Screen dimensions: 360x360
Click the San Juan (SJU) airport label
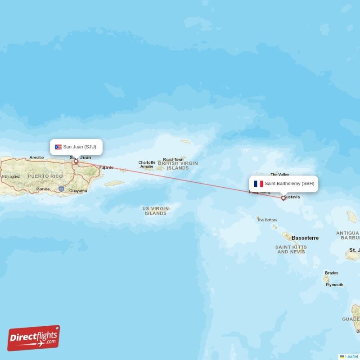80,147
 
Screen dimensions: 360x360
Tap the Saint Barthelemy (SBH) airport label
289,184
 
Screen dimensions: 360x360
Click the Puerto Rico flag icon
58,147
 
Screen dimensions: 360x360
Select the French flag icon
258,184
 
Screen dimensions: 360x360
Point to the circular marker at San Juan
76,161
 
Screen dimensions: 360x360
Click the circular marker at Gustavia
283,198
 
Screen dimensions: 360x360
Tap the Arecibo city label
37,157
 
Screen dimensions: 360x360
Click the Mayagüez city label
11,176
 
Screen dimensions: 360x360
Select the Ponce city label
43,189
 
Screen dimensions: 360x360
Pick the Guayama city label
78,191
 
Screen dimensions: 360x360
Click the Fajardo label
107,167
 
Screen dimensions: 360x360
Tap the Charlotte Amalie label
147,164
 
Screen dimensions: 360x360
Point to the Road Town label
173,159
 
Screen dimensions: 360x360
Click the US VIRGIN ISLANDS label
156,211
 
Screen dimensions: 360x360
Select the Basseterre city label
305,238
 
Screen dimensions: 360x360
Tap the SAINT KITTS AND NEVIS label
291,249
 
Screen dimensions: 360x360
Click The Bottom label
267,220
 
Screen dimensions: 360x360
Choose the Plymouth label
334,285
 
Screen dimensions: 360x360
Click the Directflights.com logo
34,338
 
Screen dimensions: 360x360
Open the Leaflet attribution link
351,357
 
